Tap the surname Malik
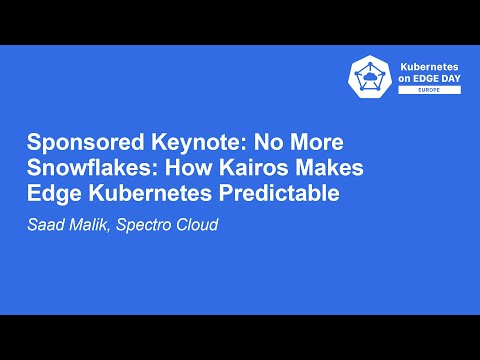click(x=93, y=224)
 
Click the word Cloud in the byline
click(x=199, y=224)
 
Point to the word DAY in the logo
click(x=445, y=76)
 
